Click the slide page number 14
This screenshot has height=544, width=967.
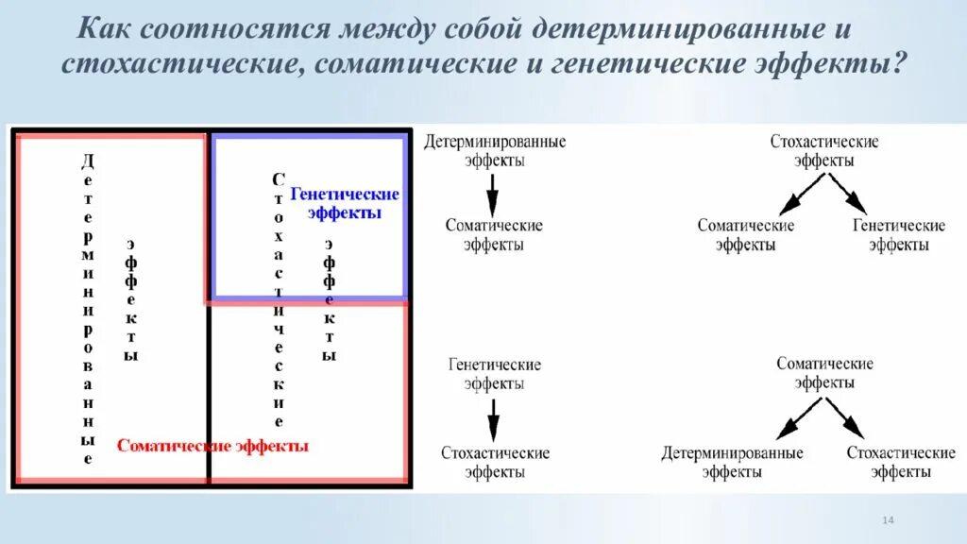click(888, 521)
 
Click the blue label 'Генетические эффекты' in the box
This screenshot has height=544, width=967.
click(344, 203)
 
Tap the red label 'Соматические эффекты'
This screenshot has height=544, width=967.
click(212, 446)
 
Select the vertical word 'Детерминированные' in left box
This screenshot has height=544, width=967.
click(88, 308)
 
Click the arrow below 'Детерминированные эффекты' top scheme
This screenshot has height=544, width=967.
click(493, 195)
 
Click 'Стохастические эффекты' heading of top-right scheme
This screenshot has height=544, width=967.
click(823, 151)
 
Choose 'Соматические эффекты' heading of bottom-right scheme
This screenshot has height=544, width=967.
click(824, 373)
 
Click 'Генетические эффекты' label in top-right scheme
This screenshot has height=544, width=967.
click(898, 235)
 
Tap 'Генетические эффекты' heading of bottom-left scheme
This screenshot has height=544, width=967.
click(494, 374)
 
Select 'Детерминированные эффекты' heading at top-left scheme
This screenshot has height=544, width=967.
click(494, 151)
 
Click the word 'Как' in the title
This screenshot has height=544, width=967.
click(103, 28)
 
